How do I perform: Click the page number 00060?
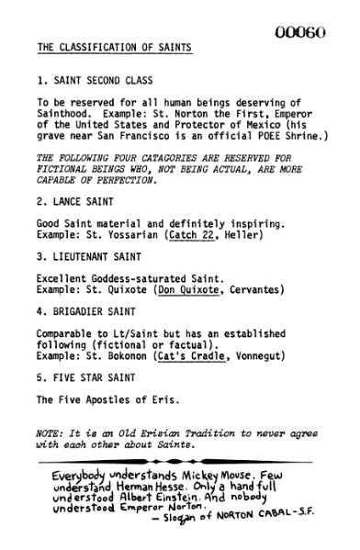tap(300, 32)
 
